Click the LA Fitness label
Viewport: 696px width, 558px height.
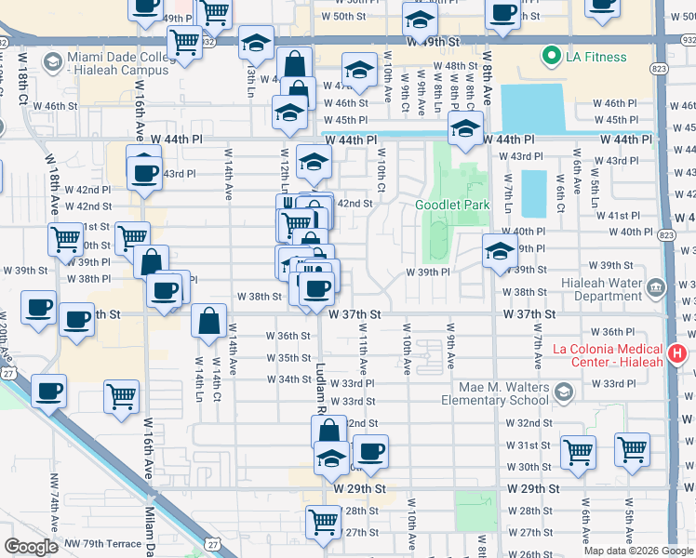(x=596, y=57)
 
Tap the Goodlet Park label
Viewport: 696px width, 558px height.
(x=452, y=205)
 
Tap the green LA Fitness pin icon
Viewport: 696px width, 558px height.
(x=551, y=56)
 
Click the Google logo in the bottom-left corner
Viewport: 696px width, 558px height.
(x=31, y=547)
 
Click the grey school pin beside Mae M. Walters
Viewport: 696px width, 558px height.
(x=564, y=393)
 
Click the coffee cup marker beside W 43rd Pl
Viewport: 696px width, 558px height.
(x=144, y=172)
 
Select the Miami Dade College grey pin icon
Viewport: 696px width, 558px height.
(x=52, y=63)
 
